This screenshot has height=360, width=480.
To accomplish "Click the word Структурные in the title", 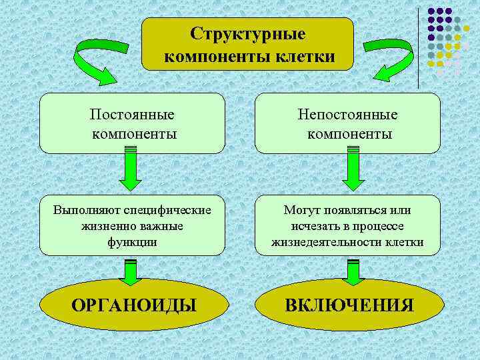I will (248, 33).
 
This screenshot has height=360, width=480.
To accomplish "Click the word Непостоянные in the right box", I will (349, 114).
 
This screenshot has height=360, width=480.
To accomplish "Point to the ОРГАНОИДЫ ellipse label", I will (133, 305).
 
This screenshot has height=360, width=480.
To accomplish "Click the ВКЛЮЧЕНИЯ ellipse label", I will (349, 305).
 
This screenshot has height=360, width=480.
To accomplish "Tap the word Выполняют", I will (83, 210).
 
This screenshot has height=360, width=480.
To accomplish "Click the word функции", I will (132, 242).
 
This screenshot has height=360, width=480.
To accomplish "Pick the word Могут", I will (302, 210).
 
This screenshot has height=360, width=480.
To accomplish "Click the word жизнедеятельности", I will (325, 242).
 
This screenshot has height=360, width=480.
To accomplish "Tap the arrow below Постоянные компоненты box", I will (133, 172).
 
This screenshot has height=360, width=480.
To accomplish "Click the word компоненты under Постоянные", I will (134, 134).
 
